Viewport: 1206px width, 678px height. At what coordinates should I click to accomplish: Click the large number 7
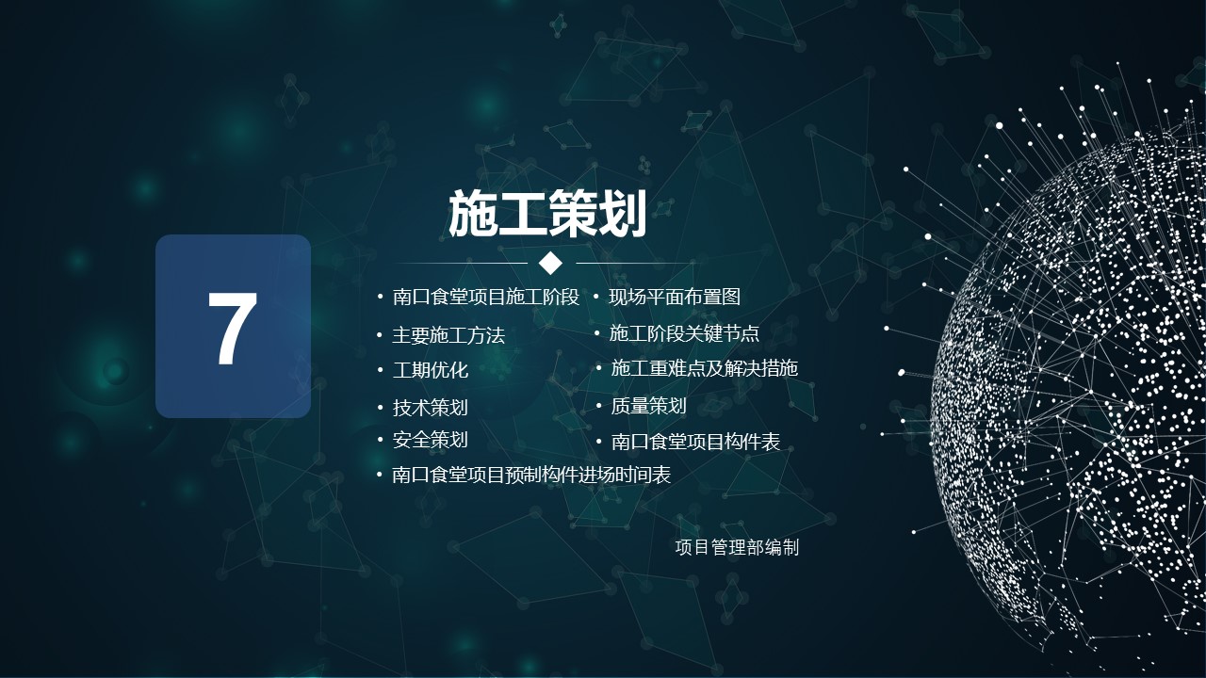[x=233, y=329]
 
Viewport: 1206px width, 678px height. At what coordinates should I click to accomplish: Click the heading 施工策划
[x=547, y=214]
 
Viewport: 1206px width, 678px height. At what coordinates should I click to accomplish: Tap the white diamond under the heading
[x=550, y=263]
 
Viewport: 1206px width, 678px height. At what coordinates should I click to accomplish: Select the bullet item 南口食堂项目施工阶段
[x=485, y=297]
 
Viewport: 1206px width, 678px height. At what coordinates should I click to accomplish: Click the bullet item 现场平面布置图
[x=675, y=297]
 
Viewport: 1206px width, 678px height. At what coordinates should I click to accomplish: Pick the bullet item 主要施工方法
[x=448, y=336]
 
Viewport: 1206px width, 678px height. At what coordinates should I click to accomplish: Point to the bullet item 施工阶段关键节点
[x=684, y=333]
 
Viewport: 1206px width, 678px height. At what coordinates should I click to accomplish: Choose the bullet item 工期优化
[x=431, y=370]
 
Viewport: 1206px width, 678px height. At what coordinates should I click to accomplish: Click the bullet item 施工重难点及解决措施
[x=704, y=368]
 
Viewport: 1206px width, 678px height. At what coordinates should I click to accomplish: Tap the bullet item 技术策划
[x=431, y=408]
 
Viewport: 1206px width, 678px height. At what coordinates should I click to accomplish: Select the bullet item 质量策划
[x=649, y=406]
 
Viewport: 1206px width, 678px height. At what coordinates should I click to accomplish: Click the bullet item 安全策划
[x=431, y=440]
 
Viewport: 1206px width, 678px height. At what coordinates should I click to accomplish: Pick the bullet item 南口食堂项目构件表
[x=695, y=442]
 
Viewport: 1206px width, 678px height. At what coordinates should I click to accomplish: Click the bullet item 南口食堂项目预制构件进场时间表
[x=531, y=476]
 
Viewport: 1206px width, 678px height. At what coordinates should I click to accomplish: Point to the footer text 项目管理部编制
[x=737, y=548]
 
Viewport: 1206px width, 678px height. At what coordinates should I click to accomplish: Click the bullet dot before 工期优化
[x=380, y=370]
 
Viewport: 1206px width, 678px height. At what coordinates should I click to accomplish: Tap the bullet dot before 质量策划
[x=598, y=406]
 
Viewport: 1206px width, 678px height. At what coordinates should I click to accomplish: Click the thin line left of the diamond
[x=462, y=263]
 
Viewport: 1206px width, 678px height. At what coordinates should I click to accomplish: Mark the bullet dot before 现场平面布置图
[x=596, y=297]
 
